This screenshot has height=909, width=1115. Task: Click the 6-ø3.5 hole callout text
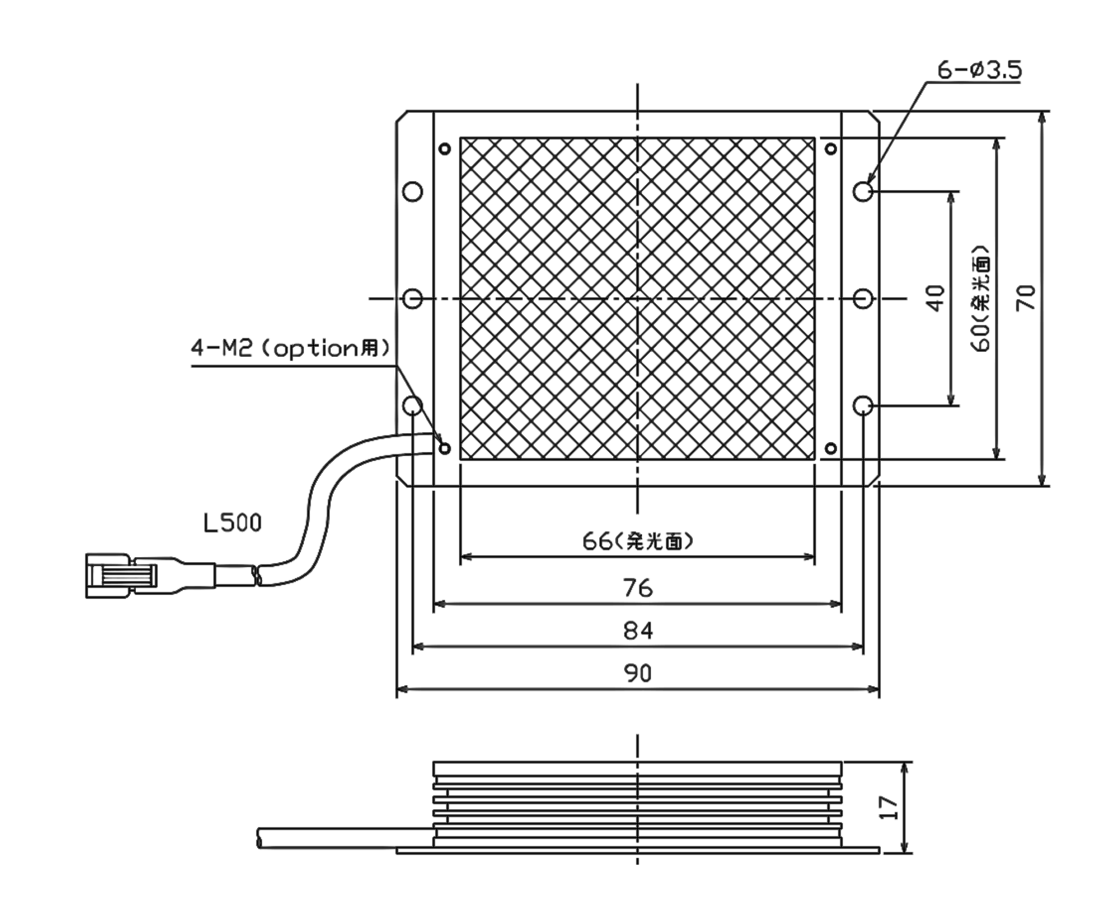point(979,70)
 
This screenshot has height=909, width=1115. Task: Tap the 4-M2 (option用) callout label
point(290,348)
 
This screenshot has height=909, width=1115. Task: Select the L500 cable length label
point(232,523)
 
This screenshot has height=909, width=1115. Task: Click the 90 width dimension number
point(638,674)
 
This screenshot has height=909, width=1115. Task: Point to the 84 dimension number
point(638,631)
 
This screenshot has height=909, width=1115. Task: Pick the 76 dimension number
point(638,589)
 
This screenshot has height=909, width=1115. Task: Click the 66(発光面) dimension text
point(638,542)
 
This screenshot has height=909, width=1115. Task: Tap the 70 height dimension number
point(1026,298)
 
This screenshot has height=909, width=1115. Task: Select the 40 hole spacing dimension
point(936,298)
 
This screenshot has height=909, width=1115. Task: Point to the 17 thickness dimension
point(889,808)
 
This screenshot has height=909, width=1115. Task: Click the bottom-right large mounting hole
point(862,405)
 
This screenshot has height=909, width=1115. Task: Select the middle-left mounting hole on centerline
point(413,298)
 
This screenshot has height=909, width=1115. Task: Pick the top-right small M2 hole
point(831,149)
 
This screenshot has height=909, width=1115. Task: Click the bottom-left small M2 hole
point(445,448)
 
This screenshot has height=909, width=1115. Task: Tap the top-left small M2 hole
point(445,149)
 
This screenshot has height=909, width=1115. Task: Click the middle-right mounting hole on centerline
point(862,298)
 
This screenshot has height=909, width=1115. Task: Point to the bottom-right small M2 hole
point(831,448)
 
